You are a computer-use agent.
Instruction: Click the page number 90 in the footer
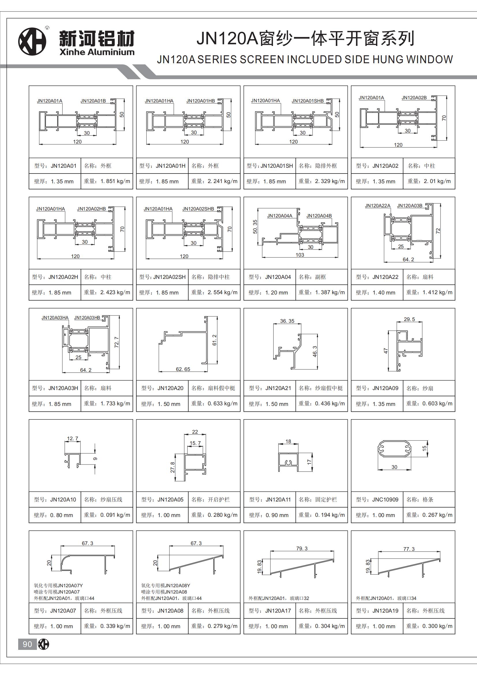tap(27, 644)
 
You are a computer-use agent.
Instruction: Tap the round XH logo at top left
tap(32, 42)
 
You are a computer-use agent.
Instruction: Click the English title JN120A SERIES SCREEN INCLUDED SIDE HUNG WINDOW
tap(305, 60)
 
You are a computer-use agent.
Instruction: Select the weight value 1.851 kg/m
tap(115, 181)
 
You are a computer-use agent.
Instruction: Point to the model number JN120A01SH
tap(276, 166)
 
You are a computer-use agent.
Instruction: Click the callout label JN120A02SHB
tap(198, 209)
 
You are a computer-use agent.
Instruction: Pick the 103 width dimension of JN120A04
tap(300, 255)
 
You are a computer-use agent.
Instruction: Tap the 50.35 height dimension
tap(255, 227)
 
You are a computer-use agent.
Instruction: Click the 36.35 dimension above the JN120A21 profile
tap(287, 321)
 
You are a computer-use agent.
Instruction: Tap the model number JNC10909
tap(385, 499)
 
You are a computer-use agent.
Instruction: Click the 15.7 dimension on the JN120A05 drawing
tap(195, 443)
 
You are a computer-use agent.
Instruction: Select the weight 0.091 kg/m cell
tap(115, 515)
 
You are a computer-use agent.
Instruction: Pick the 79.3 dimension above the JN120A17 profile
tap(302, 549)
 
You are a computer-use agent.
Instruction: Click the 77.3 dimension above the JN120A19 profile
tap(409, 549)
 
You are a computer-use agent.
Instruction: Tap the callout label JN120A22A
tap(378, 206)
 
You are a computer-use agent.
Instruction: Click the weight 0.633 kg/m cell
tap(222, 404)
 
